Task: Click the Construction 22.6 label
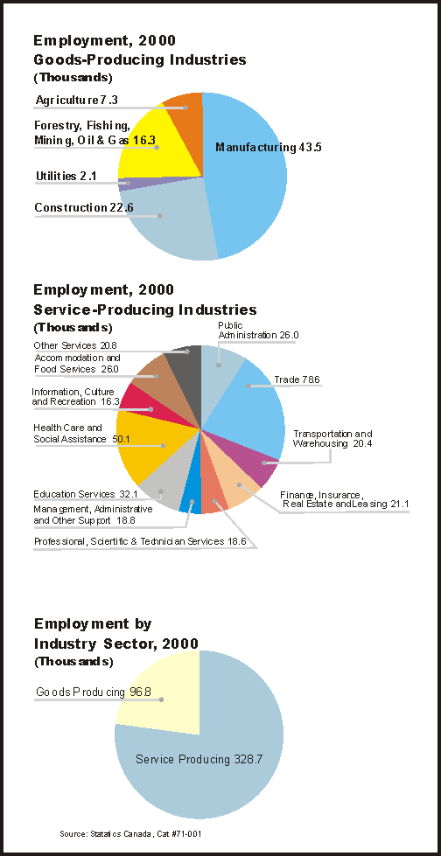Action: click(84, 207)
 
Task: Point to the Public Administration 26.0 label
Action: click(258, 331)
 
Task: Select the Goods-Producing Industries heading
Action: click(140, 60)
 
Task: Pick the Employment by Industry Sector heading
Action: click(115, 633)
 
